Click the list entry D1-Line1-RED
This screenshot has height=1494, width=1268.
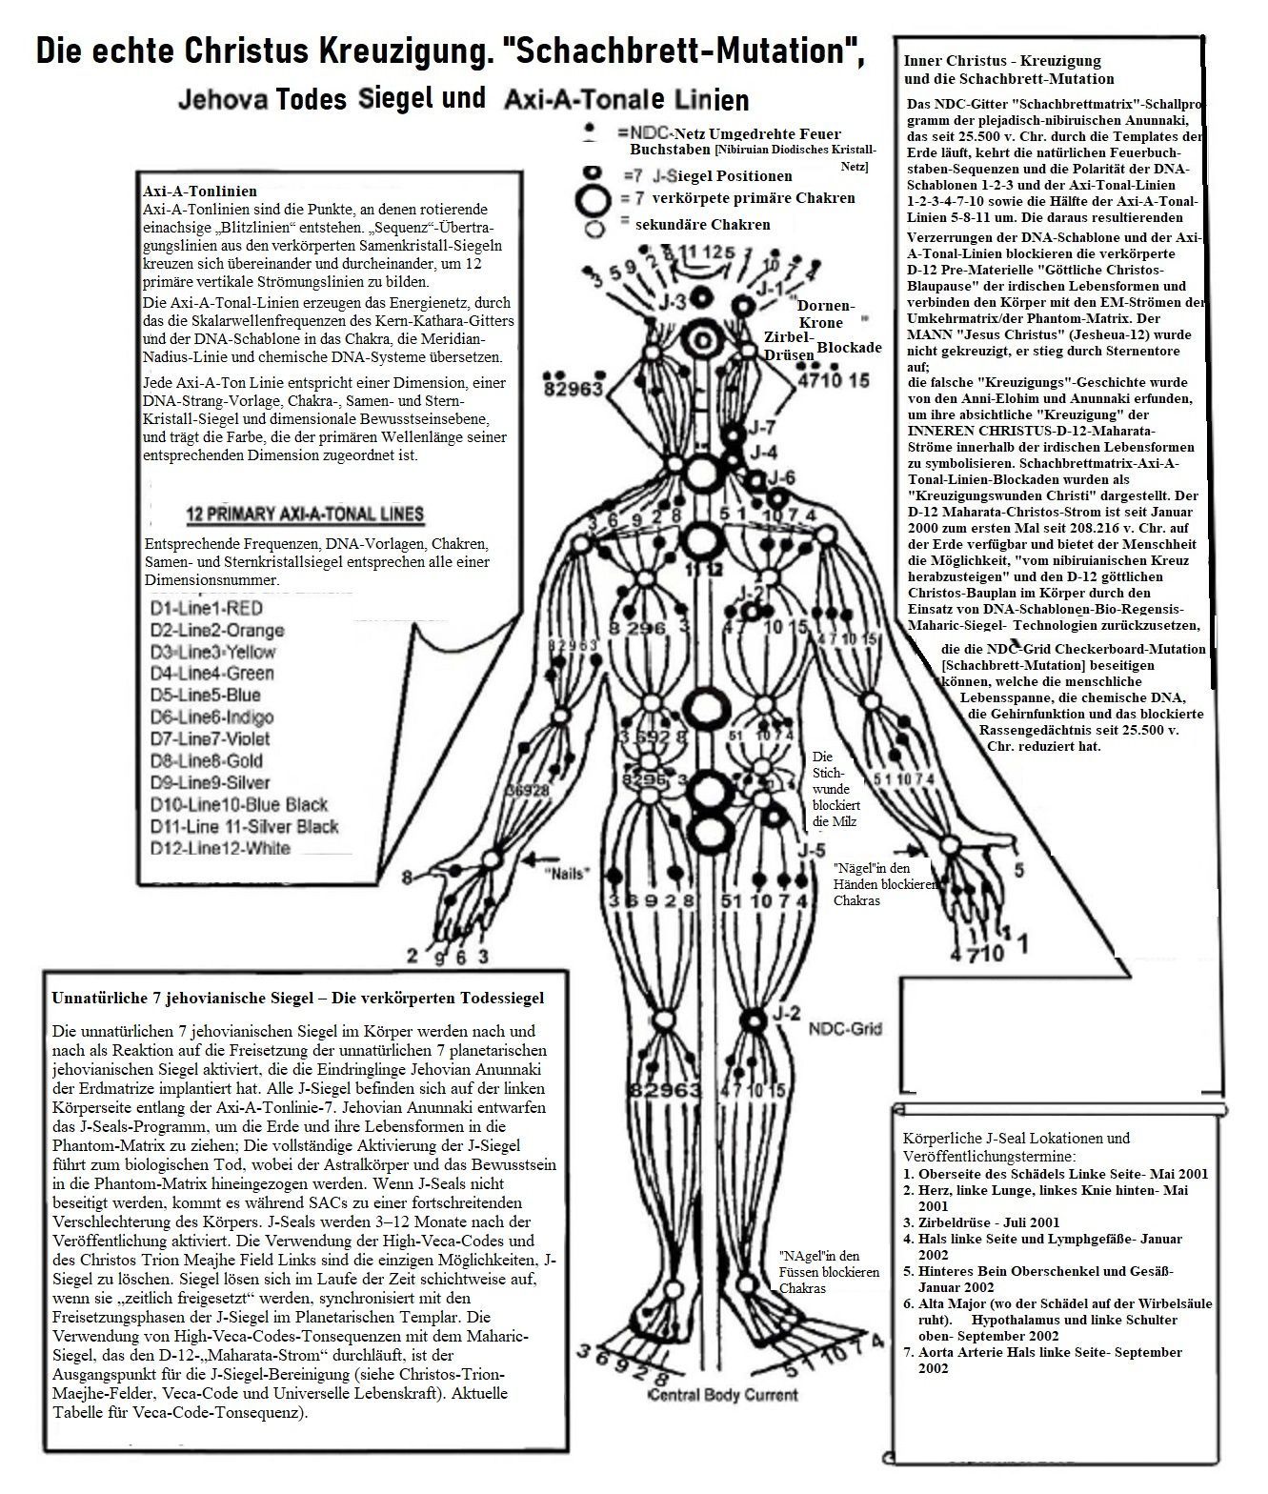click(x=206, y=608)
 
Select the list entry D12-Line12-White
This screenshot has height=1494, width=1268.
click(x=220, y=848)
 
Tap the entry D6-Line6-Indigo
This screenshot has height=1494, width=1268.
click(x=211, y=717)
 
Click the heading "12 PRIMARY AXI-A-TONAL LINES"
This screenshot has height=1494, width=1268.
click(x=305, y=515)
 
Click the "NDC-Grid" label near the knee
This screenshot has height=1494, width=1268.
click(x=845, y=1029)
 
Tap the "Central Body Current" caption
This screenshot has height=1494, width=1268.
click(x=721, y=1396)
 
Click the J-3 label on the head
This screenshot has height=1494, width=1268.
click(x=673, y=303)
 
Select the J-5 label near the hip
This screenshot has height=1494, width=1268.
click(x=812, y=850)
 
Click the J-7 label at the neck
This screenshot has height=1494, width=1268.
click(x=762, y=428)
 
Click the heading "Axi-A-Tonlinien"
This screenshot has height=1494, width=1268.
click(x=199, y=192)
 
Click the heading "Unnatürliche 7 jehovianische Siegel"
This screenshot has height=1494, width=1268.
click(x=297, y=998)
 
